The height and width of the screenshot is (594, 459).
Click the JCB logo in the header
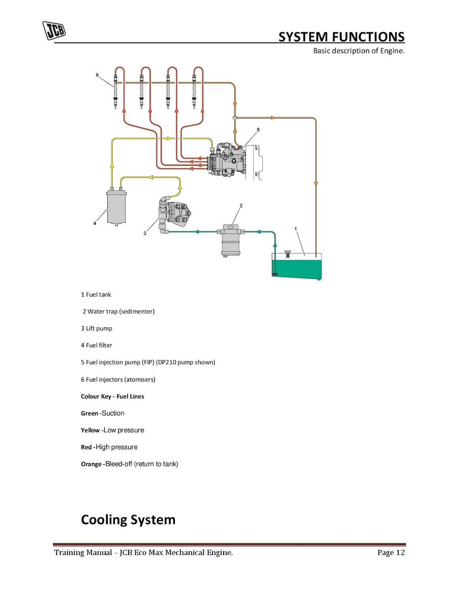click(x=54, y=30)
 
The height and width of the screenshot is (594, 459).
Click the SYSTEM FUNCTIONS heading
click(x=341, y=37)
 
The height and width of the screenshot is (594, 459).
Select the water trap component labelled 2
click(x=231, y=241)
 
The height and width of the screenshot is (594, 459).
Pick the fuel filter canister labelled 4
click(x=116, y=208)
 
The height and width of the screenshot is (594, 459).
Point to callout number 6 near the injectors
click(x=97, y=75)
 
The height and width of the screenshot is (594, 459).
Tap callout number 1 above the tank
click(x=296, y=229)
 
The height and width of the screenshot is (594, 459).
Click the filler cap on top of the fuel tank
click(x=287, y=254)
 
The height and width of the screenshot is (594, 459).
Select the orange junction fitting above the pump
click(x=235, y=118)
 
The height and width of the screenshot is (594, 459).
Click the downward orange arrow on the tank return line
click(x=316, y=184)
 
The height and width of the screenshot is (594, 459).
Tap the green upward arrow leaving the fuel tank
click(x=275, y=245)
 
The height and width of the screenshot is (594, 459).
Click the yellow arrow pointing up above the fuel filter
click(x=112, y=166)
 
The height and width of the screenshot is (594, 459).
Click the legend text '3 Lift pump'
click(x=97, y=328)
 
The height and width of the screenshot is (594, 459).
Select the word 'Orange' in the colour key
click(x=91, y=464)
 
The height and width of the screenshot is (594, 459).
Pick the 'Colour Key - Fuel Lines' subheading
click(x=113, y=396)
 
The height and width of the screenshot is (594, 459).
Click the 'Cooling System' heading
click(x=128, y=520)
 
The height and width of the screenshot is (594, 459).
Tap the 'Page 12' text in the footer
click(x=391, y=552)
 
